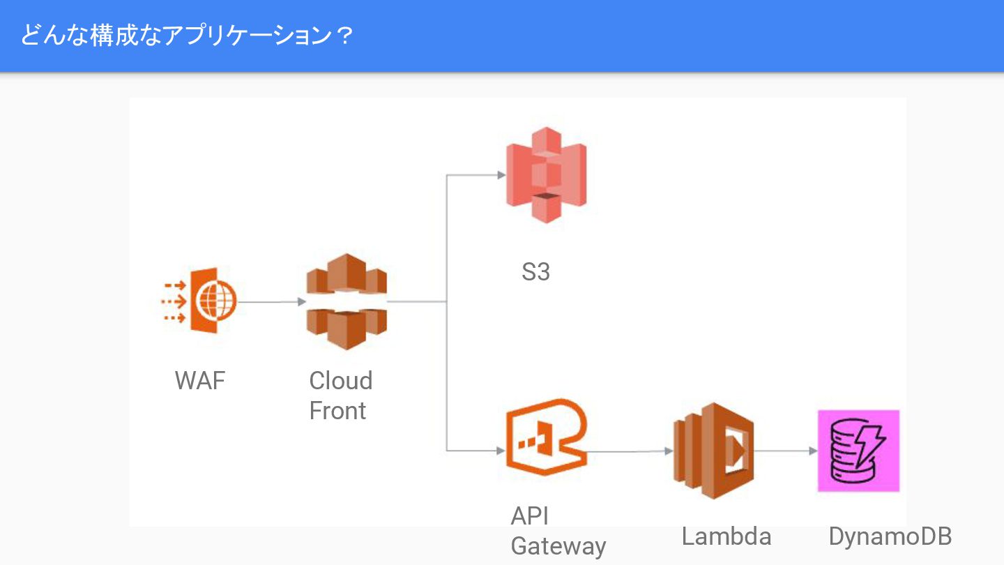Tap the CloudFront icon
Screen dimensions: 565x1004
point(347,301)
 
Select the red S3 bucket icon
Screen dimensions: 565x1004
point(546,175)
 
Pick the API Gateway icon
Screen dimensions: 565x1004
point(546,438)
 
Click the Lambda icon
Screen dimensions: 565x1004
point(713,451)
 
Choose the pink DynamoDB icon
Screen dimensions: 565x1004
point(858,451)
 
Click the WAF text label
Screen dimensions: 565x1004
point(200,381)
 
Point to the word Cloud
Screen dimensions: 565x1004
point(341,381)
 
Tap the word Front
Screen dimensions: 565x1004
point(337,411)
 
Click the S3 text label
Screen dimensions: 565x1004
point(535,272)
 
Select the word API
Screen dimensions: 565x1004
point(530,516)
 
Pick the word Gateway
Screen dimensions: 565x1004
point(558,546)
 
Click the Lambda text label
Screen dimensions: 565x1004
point(727,536)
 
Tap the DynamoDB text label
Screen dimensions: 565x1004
point(890,536)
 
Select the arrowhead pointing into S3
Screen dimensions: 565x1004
point(501,175)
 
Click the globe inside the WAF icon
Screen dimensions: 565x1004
point(217,301)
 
